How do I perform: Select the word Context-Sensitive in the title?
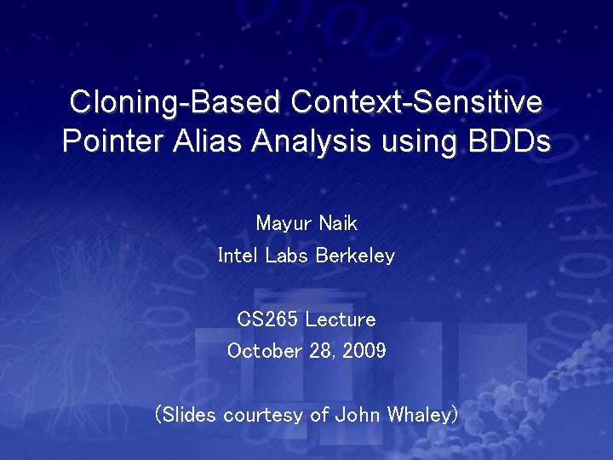(x=416, y=103)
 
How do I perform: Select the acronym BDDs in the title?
(x=507, y=141)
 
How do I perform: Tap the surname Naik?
(x=338, y=223)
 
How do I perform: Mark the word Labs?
(x=289, y=256)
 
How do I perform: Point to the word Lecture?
(x=340, y=319)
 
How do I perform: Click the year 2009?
(x=364, y=351)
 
